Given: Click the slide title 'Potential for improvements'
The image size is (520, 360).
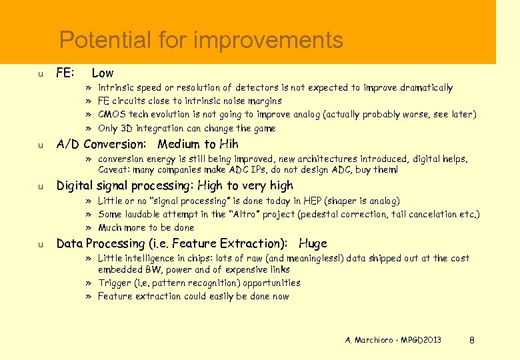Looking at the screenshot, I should point(201,41).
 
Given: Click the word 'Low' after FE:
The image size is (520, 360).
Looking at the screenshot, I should point(103,73).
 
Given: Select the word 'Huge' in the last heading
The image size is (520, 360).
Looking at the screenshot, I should point(313,243).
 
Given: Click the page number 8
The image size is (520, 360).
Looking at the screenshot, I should point(472,340).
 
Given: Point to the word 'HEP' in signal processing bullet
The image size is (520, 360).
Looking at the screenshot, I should point(313,201).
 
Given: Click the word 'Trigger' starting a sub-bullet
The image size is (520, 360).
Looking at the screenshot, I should point(114,283).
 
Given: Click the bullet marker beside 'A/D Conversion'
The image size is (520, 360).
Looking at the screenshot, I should point(41,145).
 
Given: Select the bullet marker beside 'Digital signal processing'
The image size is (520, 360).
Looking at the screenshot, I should point(41,187).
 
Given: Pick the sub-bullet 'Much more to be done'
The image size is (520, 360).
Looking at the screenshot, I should point(146,227).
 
